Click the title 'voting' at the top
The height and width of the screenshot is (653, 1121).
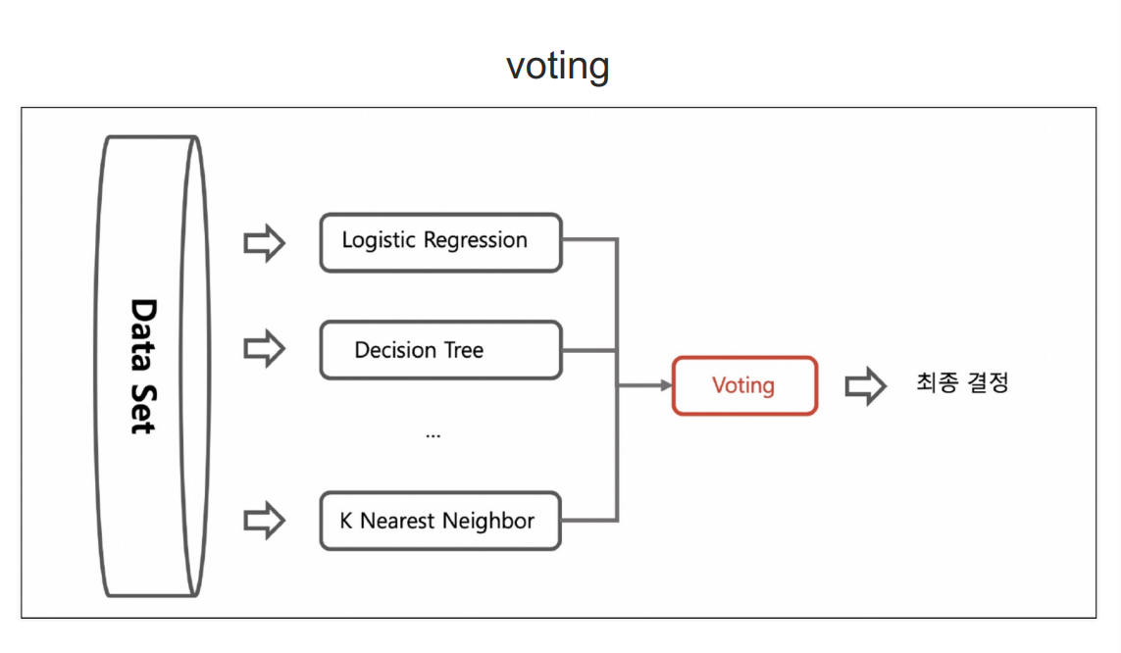pyautogui.click(x=558, y=67)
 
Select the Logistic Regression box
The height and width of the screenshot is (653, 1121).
pyautogui.click(x=441, y=243)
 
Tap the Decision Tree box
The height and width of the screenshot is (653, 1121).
pyautogui.click(x=441, y=350)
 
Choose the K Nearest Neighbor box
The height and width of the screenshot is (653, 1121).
pyautogui.click(x=440, y=521)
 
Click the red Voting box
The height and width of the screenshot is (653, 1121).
pyautogui.click(x=745, y=385)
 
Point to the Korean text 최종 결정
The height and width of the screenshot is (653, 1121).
pyautogui.click(x=962, y=383)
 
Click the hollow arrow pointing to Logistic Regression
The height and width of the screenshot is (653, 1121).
pyautogui.click(x=265, y=243)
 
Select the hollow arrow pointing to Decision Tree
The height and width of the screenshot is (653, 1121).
pyautogui.click(x=265, y=349)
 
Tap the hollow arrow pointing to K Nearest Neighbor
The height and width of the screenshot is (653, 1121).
pyautogui.click(x=265, y=520)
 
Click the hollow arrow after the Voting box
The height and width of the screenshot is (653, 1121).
pyautogui.click(x=866, y=385)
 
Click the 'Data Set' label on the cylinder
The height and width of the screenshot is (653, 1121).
pyautogui.click(x=144, y=367)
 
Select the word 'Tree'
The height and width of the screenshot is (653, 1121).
pyautogui.click(x=464, y=350)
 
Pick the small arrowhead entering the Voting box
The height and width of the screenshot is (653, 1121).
pyautogui.click(x=667, y=385)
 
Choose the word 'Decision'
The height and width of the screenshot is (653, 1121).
pyautogui.click(x=395, y=350)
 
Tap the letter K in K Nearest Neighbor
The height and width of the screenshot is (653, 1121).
pyautogui.click(x=346, y=521)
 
